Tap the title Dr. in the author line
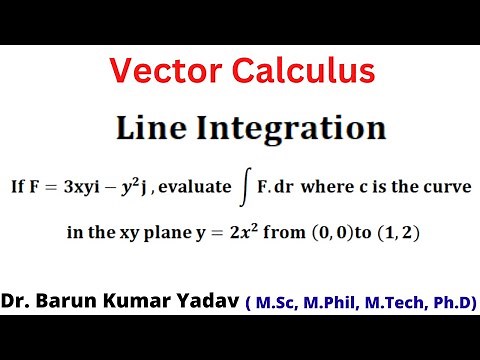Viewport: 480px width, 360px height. [17, 301]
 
